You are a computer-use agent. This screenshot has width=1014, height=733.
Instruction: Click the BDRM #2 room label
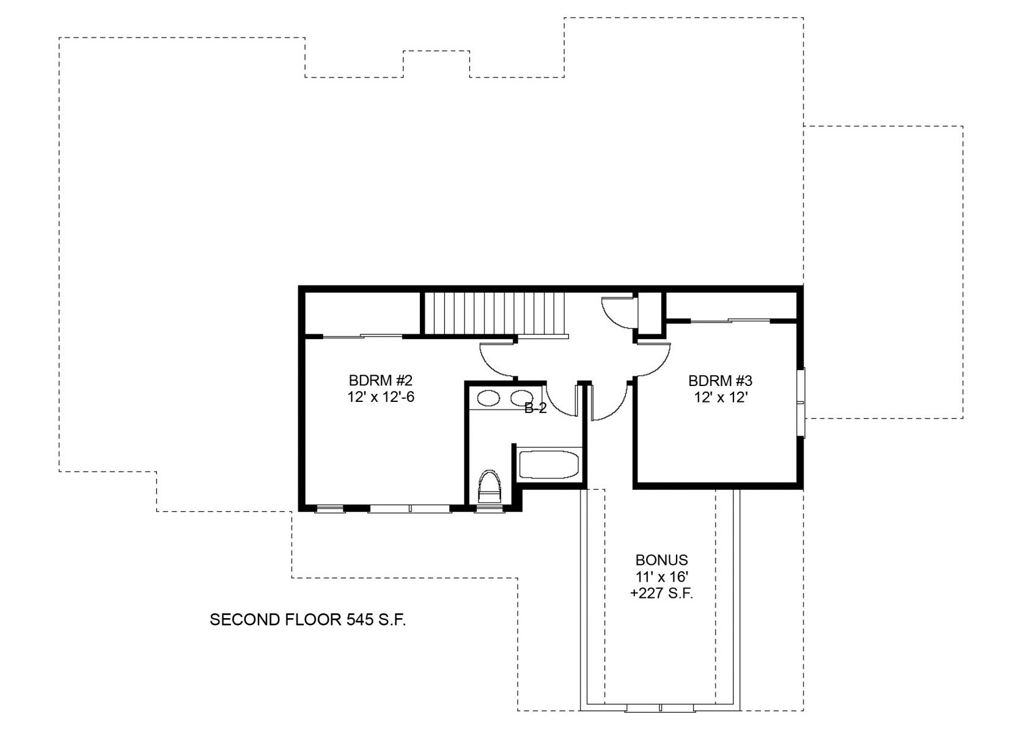381,379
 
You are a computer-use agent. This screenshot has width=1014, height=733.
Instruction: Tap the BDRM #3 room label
721,381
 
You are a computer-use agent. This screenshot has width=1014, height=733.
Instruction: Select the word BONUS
661,560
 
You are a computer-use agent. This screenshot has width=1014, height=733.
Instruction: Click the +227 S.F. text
661,593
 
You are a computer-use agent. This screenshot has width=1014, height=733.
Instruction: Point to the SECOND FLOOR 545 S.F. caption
308,619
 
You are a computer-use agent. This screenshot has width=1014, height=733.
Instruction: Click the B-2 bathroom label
535,408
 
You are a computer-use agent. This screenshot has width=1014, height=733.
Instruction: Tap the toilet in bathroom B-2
490,487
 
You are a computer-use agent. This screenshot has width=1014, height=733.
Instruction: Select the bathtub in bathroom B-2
549,464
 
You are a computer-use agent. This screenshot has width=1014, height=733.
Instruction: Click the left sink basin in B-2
489,398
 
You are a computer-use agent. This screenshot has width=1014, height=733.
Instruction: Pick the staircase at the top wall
495,313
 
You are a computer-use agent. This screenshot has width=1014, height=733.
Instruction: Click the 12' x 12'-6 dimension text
381,397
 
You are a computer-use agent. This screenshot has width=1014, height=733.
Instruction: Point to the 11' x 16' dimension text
662,577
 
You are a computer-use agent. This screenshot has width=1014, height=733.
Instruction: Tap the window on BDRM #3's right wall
801,403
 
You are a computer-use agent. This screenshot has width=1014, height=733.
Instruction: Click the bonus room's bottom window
661,707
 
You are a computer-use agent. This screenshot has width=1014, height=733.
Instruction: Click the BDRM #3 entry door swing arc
653,360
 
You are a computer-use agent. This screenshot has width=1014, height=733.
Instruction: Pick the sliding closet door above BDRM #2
362,336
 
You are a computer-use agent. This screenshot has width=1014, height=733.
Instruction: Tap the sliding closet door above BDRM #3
730,321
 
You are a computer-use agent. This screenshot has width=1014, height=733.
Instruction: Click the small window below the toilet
490,509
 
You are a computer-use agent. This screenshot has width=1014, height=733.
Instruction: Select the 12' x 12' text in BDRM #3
721,398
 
